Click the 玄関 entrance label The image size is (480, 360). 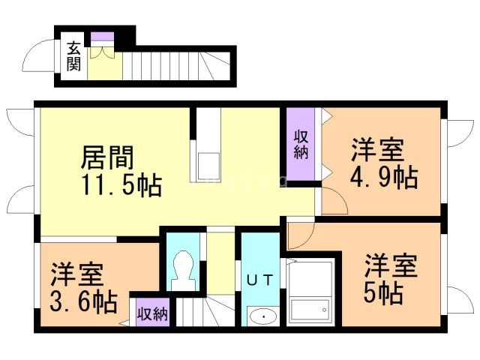pyautogui.click(x=73, y=56)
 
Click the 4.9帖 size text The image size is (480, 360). pyautogui.click(x=384, y=178)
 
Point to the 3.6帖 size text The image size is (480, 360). pyautogui.click(x=84, y=301)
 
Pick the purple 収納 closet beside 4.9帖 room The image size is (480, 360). pyautogui.click(x=301, y=145)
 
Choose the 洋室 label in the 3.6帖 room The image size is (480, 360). pyautogui.click(x=78, y=274)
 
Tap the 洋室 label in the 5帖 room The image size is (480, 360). pyautogui.click(x=391, y=266)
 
